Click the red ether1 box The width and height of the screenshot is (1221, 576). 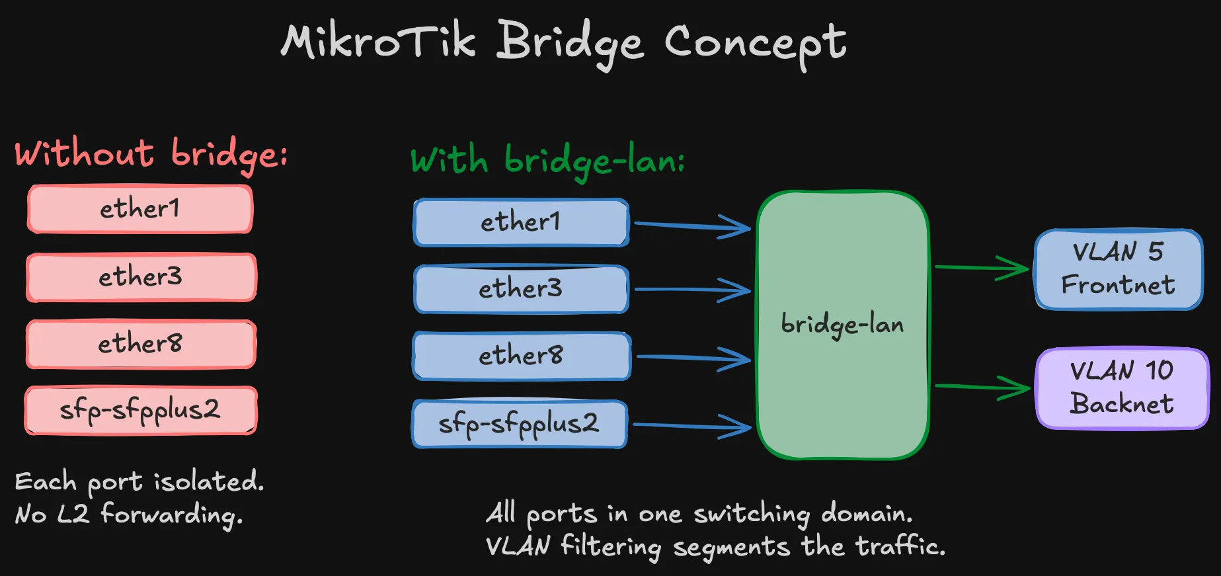tap(140, 209)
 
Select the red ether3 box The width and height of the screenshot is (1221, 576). tap(141, 277)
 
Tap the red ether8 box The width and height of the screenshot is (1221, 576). tap(141, 344)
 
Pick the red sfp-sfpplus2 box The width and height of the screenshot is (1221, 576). tap(141, 411)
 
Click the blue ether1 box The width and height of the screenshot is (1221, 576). tap(521, 222)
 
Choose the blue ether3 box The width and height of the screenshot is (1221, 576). tap(521, 289)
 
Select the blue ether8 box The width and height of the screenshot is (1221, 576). tap(522, 356)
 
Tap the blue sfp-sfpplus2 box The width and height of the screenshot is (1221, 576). tap(520, 424)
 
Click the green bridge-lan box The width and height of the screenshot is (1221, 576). tap(843, 325)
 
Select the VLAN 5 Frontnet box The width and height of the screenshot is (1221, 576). tap(1119, 269)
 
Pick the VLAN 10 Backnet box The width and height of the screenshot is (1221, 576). tap(1122, 388)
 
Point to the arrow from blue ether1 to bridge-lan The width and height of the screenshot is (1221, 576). tap(691, 226)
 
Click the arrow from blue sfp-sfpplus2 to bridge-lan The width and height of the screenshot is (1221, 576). tap(691, 427)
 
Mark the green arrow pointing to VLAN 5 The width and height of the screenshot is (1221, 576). tap(982, 268)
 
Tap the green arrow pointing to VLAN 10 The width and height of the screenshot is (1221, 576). tap(982, 387)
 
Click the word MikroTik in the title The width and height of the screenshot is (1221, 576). tap(378, 42)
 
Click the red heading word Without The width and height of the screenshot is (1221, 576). tap(85, 153)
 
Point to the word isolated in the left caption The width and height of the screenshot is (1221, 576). tap(209, 481)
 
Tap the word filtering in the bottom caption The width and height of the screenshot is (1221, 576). tap(611, 547)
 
